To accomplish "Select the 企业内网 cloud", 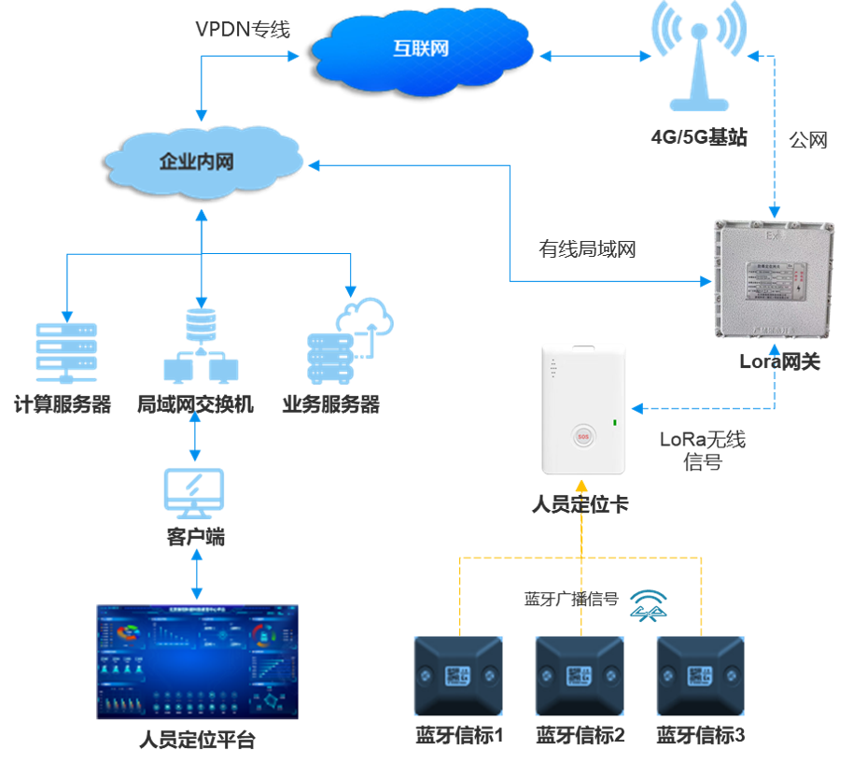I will tap(198, 162).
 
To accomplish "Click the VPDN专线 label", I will tap(243, 30).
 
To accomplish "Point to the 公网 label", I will tap(808, 140).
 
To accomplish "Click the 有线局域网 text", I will tap(587, 249).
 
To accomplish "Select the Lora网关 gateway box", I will tap(772, 280).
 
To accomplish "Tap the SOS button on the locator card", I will tap(584, 435).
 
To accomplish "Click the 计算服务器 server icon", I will tap(65, 353).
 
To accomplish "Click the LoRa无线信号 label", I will tap(702, 450).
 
